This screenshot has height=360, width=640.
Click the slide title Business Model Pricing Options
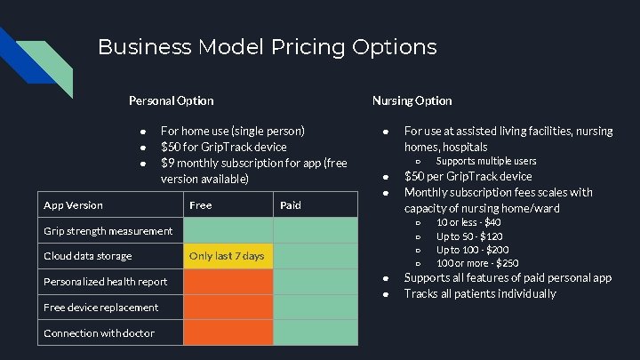click(267, 46)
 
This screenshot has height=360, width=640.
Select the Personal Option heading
click(171, 100)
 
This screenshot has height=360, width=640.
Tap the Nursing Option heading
click(412, 100)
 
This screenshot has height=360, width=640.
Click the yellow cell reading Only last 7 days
click(227, 256)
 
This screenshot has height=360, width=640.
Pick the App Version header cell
click(73, 205)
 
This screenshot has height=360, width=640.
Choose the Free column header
click(201, 205)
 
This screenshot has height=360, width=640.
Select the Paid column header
click(291, 205)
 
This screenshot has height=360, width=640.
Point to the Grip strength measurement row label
click(108, 231)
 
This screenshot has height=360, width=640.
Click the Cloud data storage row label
click(87, 256)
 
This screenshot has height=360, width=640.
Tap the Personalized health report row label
click(105, 282)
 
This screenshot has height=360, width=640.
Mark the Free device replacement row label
click(100, 308)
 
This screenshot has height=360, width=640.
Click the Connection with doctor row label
click(99, 333)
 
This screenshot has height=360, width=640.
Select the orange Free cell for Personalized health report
click(227, 282)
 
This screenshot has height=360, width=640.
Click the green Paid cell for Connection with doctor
click(315, 333)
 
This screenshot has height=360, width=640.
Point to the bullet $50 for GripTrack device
click(223, 147)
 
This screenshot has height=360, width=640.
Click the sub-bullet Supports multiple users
click(485, 161)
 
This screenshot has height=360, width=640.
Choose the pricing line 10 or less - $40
click(468, 222)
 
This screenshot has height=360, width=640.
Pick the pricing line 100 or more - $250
click(477, 263)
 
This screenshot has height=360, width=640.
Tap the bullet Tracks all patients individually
click(480, 293)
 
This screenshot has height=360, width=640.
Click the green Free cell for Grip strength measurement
click(227, 231)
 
